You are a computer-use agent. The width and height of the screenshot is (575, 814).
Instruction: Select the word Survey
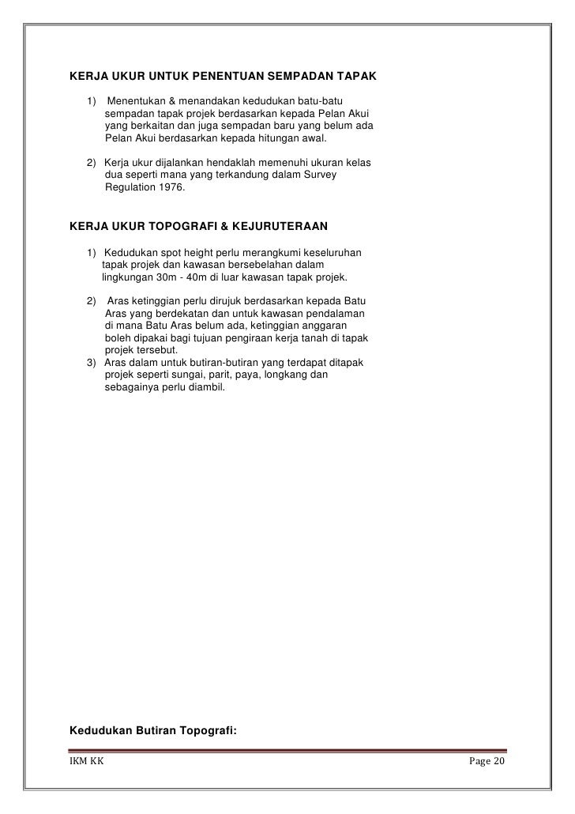(320, 176)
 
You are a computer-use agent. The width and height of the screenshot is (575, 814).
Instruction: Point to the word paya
(262, 375)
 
